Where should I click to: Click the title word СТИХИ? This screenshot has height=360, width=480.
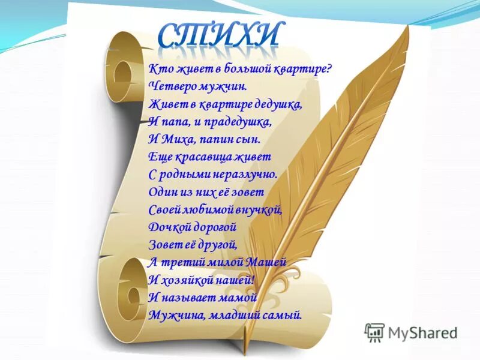pyautogui.click(x=219, y=35)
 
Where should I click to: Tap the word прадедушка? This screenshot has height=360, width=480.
pyautogui.click(x=241, y=121)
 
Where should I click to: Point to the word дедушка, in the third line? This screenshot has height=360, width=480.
pyautogui.click(x=275, y=104)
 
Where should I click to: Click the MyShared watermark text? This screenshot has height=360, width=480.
pyautogui.click(x=422, y=332)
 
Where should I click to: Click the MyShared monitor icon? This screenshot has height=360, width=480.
pyautogui.click(x=374, y=332)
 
